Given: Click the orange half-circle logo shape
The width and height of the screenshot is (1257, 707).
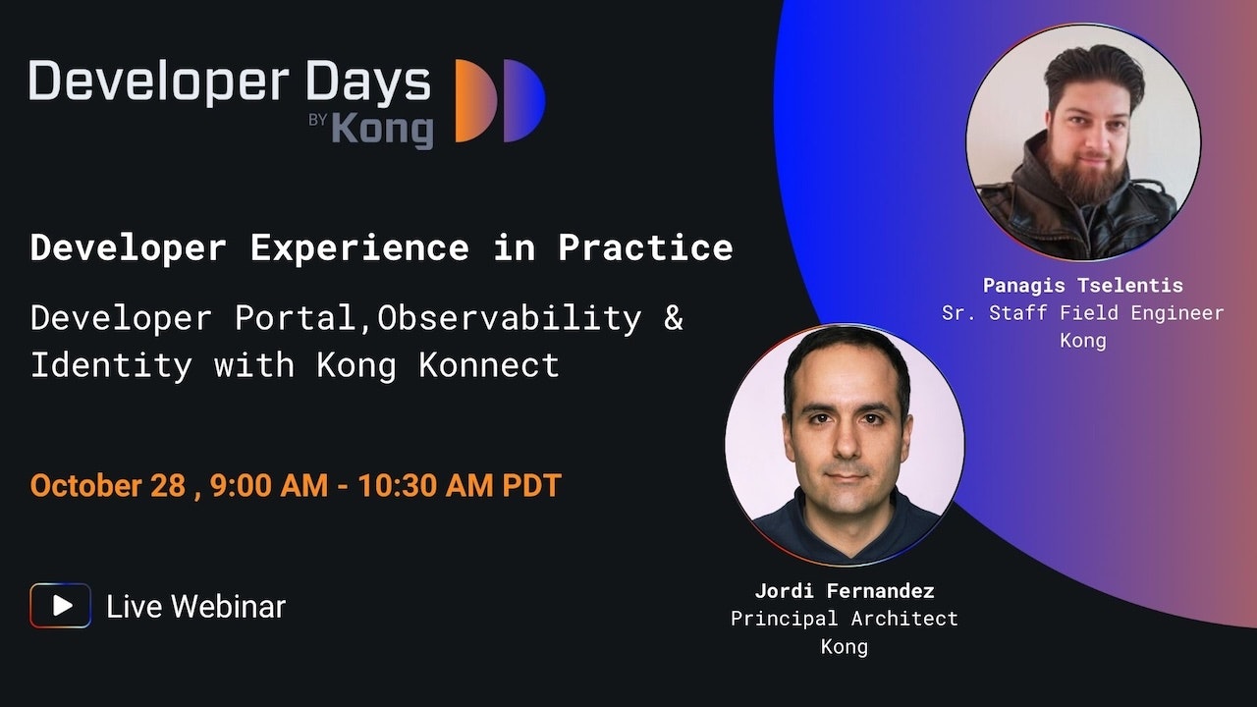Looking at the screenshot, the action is tap(474, 100).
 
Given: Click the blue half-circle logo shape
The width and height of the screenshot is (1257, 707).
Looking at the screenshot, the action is tap(523, 100).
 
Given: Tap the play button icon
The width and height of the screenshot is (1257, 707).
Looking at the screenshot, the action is tap(61, 606).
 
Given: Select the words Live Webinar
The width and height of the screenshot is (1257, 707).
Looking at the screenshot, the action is tap(195, 607).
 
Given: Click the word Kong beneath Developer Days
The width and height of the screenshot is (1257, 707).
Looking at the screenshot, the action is tap(383, 130).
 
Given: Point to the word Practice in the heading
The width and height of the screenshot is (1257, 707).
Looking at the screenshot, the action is tap(645, 247).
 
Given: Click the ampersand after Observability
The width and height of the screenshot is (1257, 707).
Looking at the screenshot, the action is tap(674, 317).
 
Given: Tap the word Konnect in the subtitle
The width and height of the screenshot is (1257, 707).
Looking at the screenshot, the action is tap(489, 365).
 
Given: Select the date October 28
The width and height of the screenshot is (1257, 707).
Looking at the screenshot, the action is tap(108, 485).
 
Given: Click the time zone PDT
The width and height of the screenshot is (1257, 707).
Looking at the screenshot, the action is tap(532, 485).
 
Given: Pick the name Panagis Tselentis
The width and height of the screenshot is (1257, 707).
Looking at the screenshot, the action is tap(1083, 286).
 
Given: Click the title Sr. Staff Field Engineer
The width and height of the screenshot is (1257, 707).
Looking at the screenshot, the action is tap(1083, 313).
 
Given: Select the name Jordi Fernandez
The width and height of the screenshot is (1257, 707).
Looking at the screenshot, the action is tap(845, 591).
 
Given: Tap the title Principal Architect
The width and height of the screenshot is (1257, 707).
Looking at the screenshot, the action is tap(845, 619).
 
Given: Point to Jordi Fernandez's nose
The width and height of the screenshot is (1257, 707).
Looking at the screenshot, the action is tap(846, 443).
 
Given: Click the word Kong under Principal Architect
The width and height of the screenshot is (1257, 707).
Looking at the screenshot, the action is tap(845, 647).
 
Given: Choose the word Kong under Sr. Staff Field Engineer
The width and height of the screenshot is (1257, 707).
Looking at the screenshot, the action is tap(1083, 341).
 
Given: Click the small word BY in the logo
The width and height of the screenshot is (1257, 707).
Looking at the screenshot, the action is tap(317, 120).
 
